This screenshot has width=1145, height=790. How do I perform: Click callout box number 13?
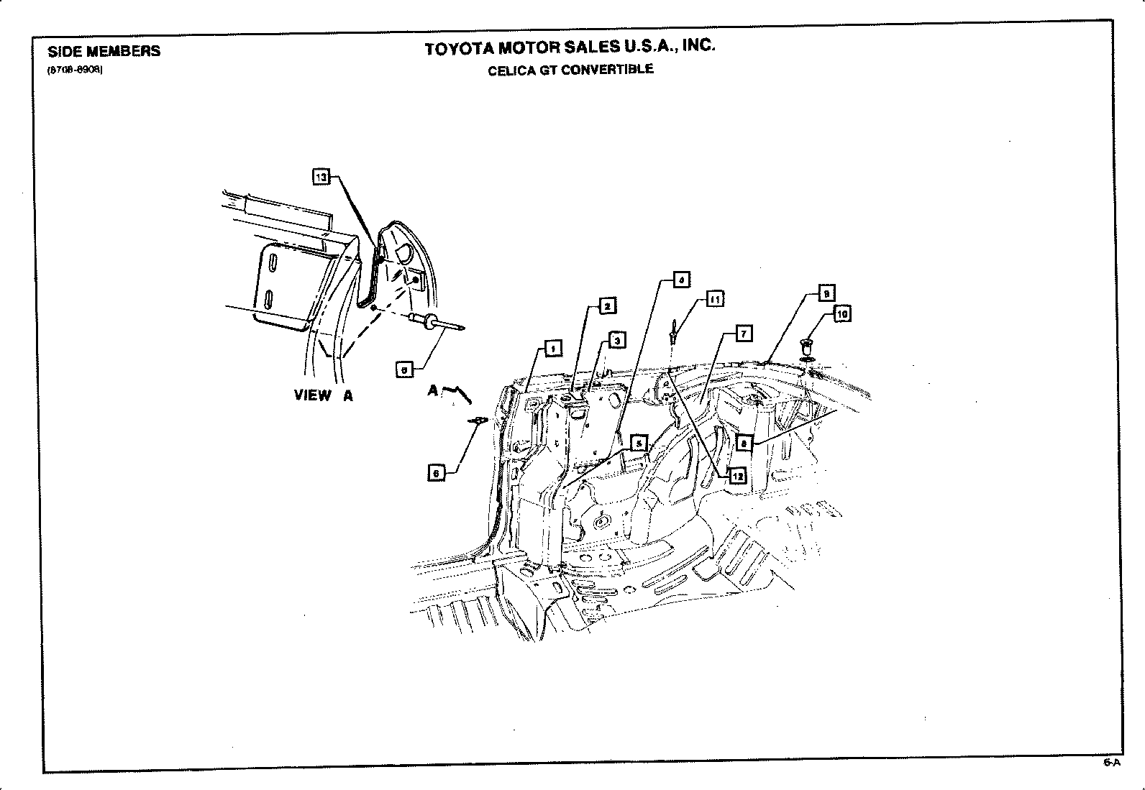coord(321,177)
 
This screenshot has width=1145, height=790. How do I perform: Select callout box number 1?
coord(553,349)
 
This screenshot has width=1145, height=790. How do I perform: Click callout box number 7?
coord(743,334)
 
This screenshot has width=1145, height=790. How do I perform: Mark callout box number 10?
coord(841,314)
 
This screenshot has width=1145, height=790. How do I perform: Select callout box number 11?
coord(715,298)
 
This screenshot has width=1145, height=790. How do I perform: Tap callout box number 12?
coord(737,475)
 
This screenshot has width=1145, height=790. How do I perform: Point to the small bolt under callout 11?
coord(672,333)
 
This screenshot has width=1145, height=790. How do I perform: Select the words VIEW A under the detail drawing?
coord(323,395)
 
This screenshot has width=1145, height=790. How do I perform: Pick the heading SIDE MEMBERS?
coord(104,51)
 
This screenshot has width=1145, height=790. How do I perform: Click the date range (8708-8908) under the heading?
coord(75,70)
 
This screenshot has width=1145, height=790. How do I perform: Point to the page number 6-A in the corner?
coord(1111,763)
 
